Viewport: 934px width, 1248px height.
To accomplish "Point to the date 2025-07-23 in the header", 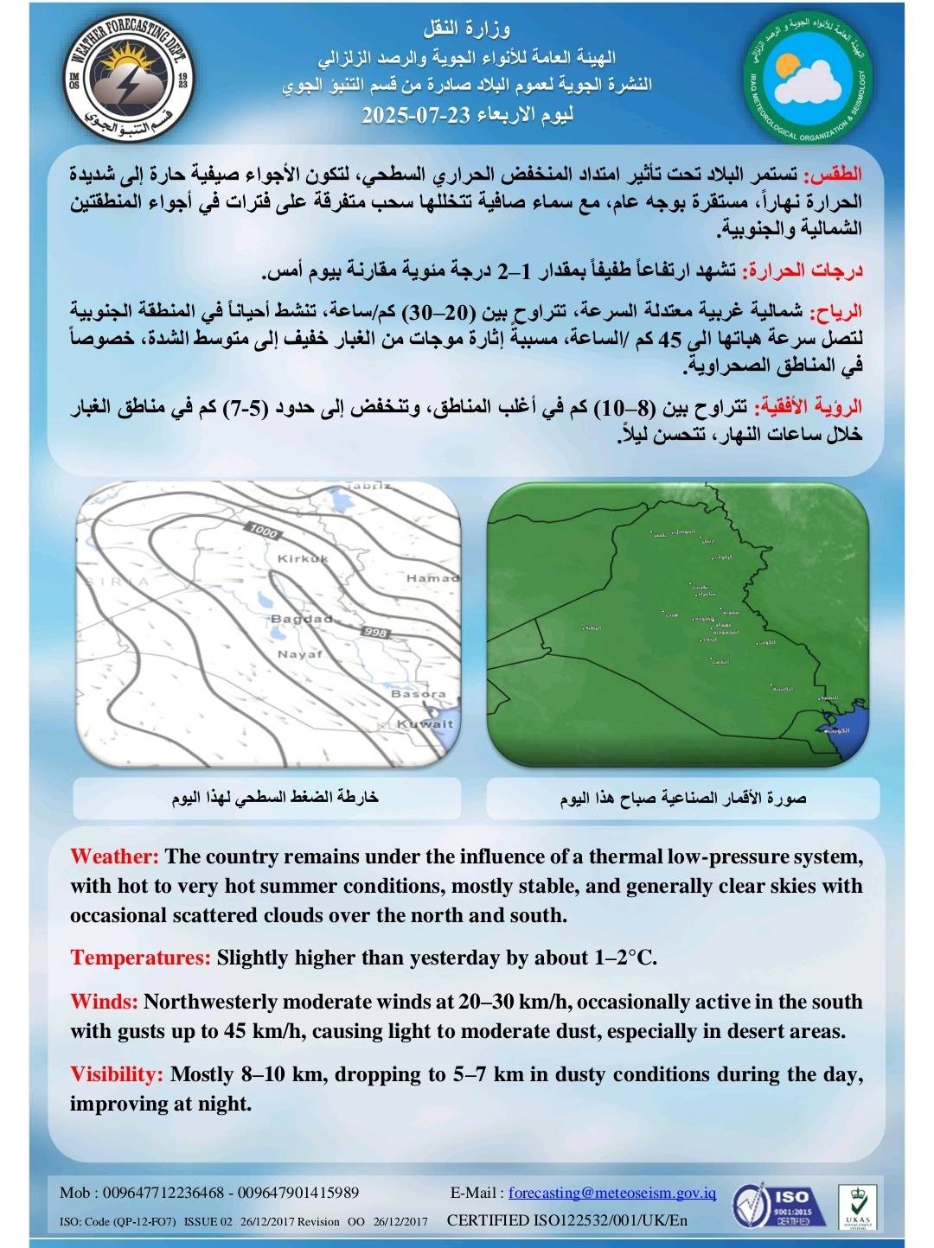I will (x=410, y=115).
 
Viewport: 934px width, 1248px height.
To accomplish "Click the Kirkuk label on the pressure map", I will (x=303, y=559).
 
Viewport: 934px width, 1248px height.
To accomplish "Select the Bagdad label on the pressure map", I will (x=301, y=619).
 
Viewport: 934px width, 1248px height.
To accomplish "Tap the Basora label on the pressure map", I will (x=419, y=694).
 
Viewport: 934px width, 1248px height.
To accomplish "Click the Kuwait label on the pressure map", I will (x=425, y=724).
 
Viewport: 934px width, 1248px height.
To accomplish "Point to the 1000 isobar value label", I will (x=262, y=531).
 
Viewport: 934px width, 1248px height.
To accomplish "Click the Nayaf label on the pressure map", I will (x=299, y=654).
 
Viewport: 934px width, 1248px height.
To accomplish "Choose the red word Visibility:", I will (x=117, y=1075).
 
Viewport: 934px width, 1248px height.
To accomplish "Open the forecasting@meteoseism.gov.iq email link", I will (x=612, y=1193).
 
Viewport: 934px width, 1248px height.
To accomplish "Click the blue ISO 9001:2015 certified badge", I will (x=771, y=1206).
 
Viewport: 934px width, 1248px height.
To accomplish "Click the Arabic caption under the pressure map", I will (x=275, y=798).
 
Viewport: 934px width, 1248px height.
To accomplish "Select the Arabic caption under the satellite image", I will (x=683, y=798).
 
